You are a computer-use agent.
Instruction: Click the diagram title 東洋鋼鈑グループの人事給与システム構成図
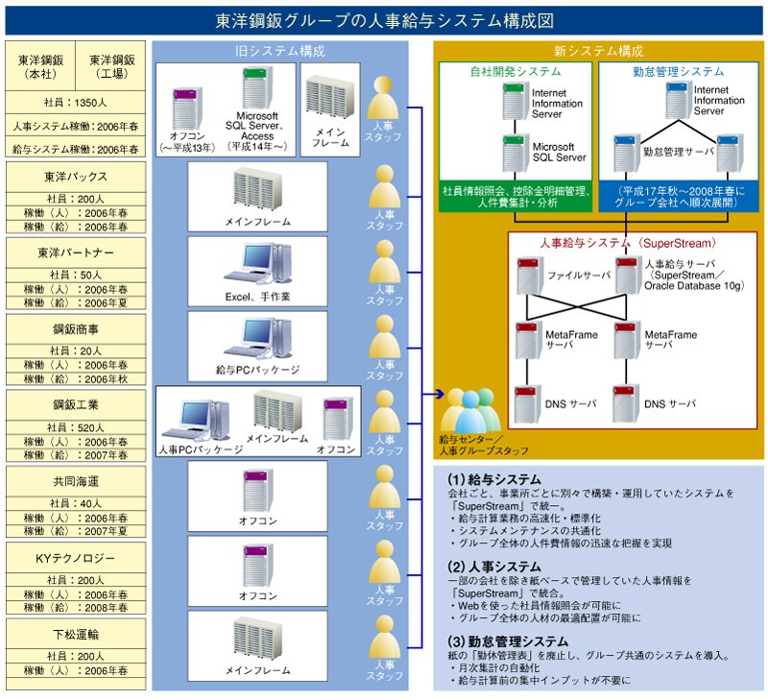tap(385, 20)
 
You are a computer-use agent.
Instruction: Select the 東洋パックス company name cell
tap(76, 177)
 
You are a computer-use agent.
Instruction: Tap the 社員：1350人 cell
tap(76, 103)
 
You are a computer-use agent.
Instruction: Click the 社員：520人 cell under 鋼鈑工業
tap(76, 427)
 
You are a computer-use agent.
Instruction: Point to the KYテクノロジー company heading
tap(76, 558)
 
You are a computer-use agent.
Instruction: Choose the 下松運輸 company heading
tap(76, 635)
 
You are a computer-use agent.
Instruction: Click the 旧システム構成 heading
tap(279, 51)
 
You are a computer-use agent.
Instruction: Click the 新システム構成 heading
tap(598, 51)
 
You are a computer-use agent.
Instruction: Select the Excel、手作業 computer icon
tap(257, 264)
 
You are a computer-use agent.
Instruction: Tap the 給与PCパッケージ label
tap(257, 371)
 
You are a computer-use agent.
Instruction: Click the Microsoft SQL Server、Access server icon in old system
tap(257, 88)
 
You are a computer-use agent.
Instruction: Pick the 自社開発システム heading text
tap(516, 71)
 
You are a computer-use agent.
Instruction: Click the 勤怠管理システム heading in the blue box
tap(679, 71)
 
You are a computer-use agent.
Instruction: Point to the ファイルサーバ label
tap(579, 276)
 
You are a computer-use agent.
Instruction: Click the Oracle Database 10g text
tap(693, 285)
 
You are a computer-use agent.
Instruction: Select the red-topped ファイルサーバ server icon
tap(529, 276)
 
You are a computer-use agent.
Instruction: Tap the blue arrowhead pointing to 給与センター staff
tap(440, 394)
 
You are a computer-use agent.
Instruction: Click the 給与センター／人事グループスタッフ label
tap(484, 445)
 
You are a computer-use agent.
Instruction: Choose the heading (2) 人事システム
tap(493, 567)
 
